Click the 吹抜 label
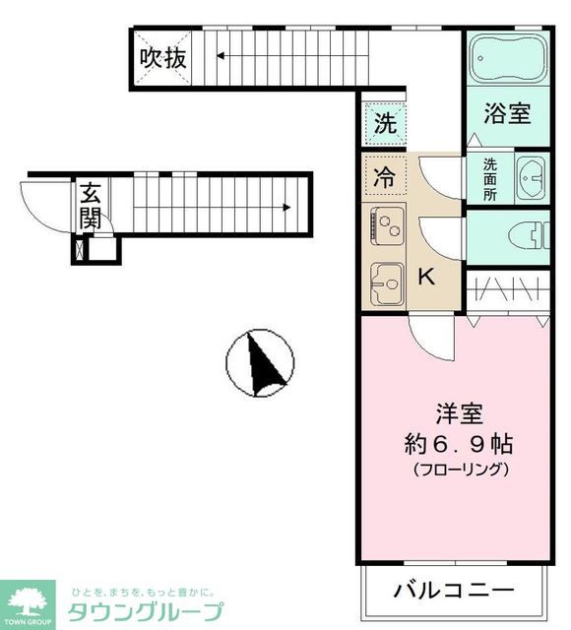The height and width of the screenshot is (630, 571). click(161, 58)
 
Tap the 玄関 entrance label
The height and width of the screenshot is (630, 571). click(91, 206)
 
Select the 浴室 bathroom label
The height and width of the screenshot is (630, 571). click(507, 113)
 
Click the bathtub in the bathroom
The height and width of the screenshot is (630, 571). click(506, 59)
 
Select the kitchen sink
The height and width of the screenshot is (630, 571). click(386, 285)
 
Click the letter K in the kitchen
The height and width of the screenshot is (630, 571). click(427, 277)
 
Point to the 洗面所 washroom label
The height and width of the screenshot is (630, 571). click(489, 178)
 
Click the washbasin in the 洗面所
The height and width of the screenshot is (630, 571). click(533, 177)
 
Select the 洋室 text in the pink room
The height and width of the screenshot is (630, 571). click(460, 413)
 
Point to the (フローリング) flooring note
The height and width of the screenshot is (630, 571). click(460, 469)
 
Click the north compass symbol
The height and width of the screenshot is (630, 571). click(260, 364)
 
